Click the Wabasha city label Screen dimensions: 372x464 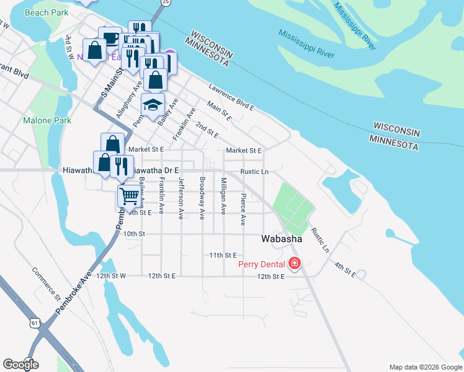(x=282, y=238)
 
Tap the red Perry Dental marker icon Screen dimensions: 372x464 (x=294, y=264)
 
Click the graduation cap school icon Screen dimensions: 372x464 (x=152, y=106)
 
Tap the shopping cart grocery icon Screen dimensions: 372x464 (x=129, y=196)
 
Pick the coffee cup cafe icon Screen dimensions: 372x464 (x=110, y=38)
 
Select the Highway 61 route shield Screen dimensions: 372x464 (x=34, y=322)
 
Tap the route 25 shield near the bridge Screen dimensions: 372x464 (x=165, y=2)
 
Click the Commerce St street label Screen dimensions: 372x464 (x=45, y=283)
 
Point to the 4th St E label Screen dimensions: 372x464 (x=346, y=270)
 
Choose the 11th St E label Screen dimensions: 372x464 (x=223, y=255)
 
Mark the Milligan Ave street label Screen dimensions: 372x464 (x=223, y=198)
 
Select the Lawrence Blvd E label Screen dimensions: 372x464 (x=231, y=98)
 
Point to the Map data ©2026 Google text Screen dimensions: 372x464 (x=425, y=367)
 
